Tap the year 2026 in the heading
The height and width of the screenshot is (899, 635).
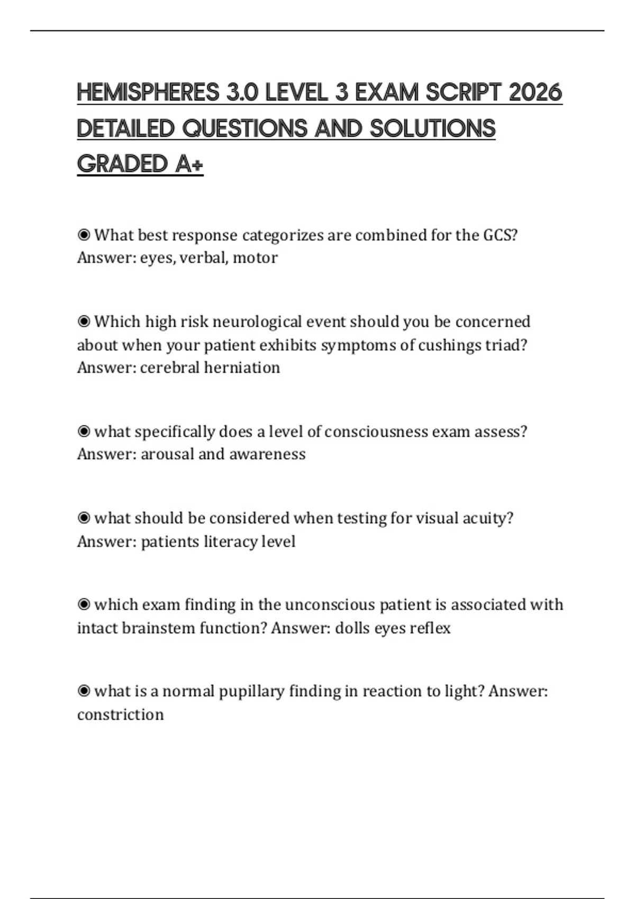(x=535, y=93)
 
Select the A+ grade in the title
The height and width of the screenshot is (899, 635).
(x=189, y=164)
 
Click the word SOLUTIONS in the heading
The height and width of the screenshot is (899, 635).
(x=432, y=129)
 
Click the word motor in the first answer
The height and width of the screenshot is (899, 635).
(x=255, y=258)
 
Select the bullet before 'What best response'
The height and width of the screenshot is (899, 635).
(x=84, y=235)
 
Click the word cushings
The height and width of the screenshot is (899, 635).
(x=450, y=345)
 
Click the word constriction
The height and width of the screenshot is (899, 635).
(x=121, y=715)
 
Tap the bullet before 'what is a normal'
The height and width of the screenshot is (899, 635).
(x=84, y=691)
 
